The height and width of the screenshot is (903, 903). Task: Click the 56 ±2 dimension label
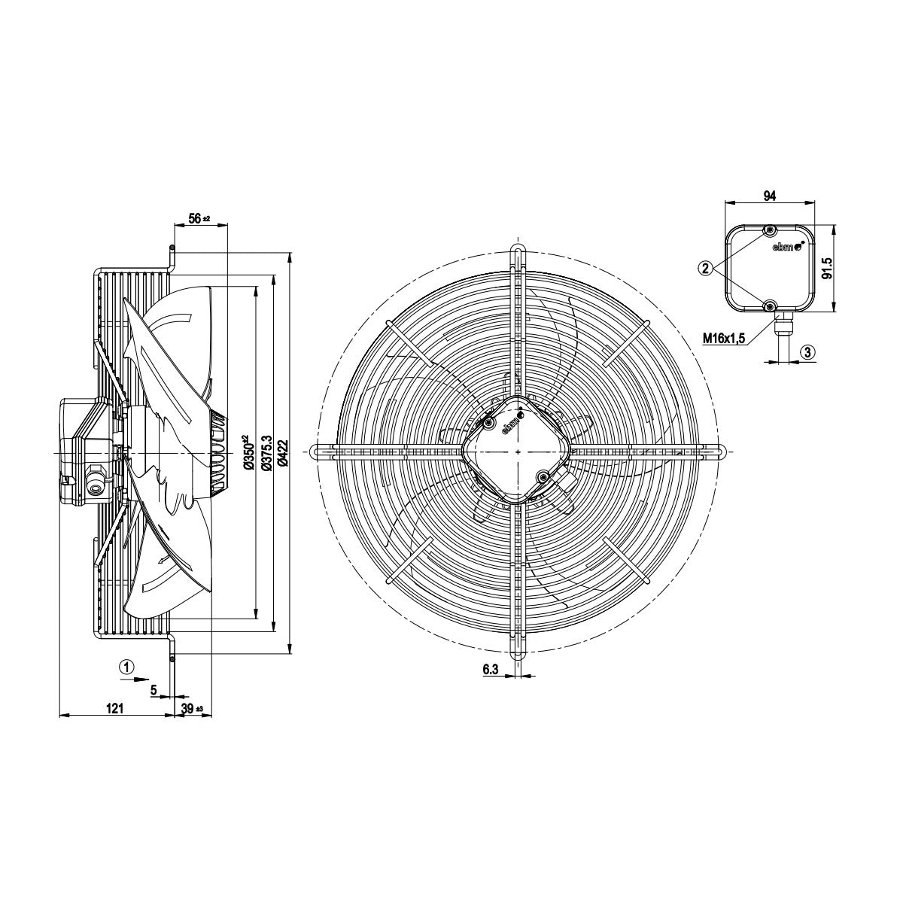199,218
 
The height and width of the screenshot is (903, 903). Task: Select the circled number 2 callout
705,268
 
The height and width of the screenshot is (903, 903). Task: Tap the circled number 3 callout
808,352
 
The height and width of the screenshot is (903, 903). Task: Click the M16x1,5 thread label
724,337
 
